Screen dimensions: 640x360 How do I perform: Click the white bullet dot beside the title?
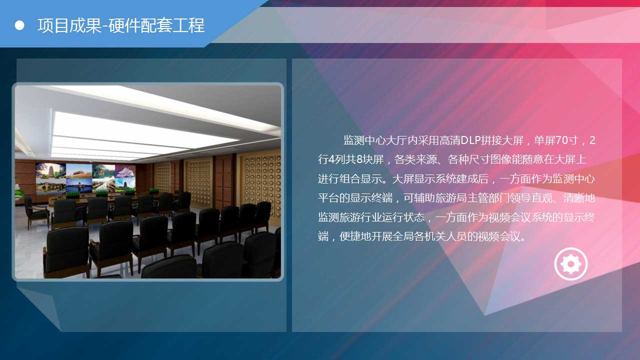coord(19,25)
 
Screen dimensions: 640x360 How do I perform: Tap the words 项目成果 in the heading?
coord(69,25)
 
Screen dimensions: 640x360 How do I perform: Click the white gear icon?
coord(571,263)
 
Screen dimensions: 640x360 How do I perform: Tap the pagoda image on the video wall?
coord(50,170)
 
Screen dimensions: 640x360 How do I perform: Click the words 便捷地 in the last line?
coord(355,236)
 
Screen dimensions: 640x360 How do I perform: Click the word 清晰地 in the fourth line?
coord(579,197)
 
